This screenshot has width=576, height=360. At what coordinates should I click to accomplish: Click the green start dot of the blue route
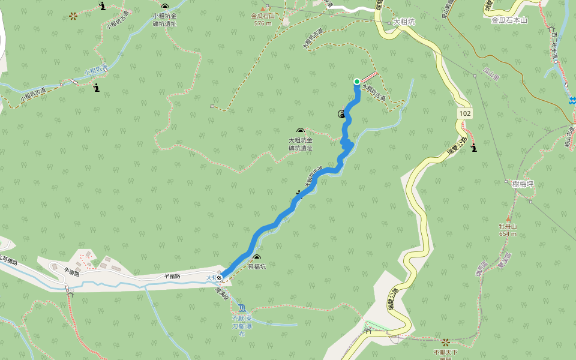357,82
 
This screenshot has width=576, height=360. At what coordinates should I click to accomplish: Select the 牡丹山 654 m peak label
508,230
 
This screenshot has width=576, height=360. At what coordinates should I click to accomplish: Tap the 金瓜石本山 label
509,20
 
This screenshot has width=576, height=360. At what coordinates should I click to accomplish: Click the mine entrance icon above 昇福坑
257,257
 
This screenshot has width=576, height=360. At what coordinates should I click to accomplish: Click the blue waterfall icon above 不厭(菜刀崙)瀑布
241,307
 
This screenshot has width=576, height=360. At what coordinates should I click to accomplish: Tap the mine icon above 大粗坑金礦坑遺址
300,131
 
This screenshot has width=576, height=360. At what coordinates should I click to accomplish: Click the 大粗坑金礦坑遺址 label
300,144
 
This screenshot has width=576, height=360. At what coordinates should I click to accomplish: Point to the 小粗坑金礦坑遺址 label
164,20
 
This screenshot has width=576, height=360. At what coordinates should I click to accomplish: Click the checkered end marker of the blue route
221,277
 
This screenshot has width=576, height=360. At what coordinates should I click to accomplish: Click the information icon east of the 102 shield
475,148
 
